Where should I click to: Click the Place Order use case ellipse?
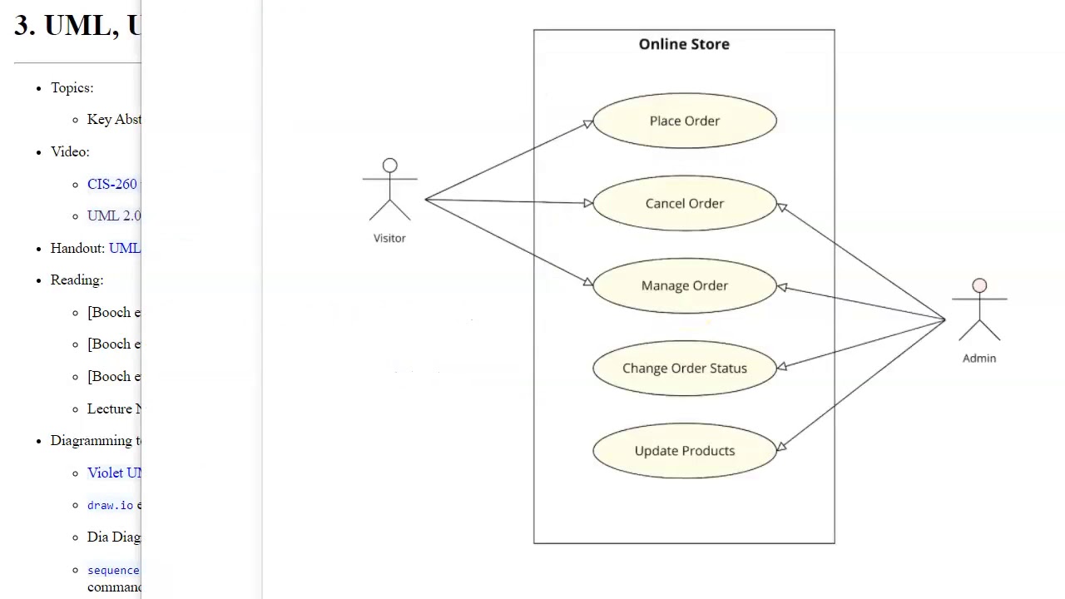pyautogui.click(x=684, y=121)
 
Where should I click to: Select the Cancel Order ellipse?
pyautogui.click(x=684, y=203)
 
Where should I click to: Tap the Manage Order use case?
pyautogui.click(x=684, y=285)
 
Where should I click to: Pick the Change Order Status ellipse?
pyautogui.click(x=684, y=368)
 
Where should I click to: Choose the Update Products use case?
pyautogui.click(x=684, y=450)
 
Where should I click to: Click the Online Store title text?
pyautogui.click(x=684, y=44)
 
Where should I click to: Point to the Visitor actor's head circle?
pyautogui.click(x=389, y=166)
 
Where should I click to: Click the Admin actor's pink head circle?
pyautogui.click(x=979, y=286)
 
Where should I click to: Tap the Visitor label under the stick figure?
pyautogui.click(x=389, y=238)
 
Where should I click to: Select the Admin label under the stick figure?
pyautogui.click(x=979, y=358)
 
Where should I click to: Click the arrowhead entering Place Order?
pyautogui.click(x=588, y=124)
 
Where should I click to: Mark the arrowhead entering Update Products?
pyautogui.click(x=780, y=446)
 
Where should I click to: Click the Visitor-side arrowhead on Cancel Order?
pyautogui.click(x=587, y=203)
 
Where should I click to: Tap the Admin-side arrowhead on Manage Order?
pyautogui.click(x=781, y=287)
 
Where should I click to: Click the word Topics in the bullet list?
pyautogui.click(x=72, y=87)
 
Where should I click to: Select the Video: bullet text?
pyautogui.click(x=69, y=151)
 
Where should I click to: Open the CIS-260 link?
pyautogui.click(x=112, y=184)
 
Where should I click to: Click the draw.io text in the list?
pyautogui.click(x=110, y=505)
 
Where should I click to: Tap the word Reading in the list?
pyautogui.click(x=76, y=280)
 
